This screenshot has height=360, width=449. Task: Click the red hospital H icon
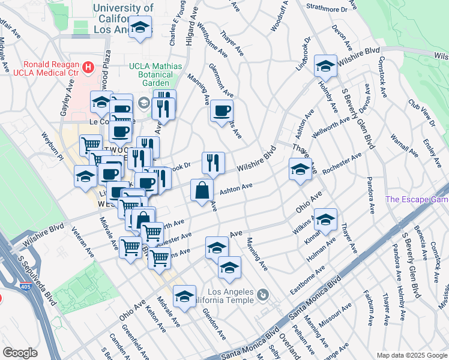coord(89,67)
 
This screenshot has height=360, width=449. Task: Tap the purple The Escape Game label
coord(417,200)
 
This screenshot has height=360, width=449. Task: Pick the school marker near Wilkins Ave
coord(325,220)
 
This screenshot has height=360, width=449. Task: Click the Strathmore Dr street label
coord(327,9)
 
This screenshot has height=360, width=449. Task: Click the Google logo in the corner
coord(20,353)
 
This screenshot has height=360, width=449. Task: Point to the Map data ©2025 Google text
coord(411,355)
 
